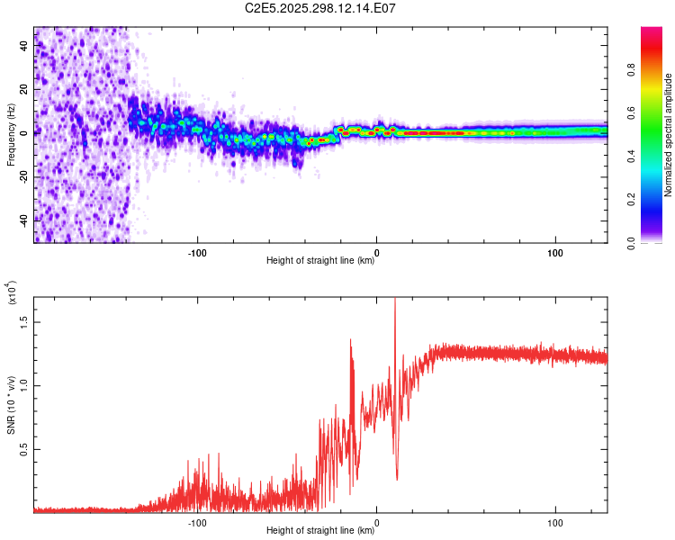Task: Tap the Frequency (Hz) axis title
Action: (11, 135)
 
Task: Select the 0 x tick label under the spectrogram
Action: (376, 251)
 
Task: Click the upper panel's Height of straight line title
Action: (320, 261)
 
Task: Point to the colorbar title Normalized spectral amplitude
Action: (669, 135)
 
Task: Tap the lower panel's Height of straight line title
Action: (320, 531)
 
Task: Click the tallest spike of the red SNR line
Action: (394, 300)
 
